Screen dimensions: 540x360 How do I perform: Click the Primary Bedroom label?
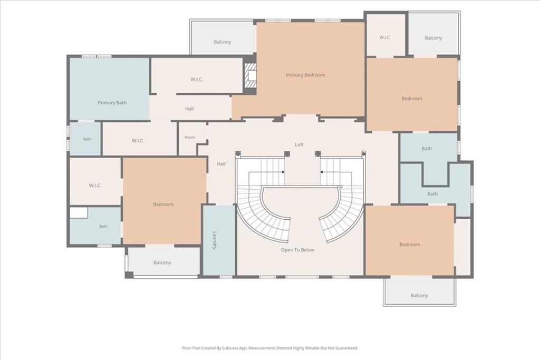coord(305,75)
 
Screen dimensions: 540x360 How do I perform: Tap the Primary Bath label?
coord(112,103)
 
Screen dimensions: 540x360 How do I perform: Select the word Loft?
coord(299,144)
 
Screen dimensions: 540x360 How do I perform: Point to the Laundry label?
coord(214,240)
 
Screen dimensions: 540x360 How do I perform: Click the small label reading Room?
coord(190,137)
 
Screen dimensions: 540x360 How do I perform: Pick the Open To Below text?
coord(297,250)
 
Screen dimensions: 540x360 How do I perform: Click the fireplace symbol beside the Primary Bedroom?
coord(250,75)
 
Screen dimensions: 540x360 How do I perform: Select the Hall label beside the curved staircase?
coord(221,164)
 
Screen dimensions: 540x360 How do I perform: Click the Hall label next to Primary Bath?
coord(189,109)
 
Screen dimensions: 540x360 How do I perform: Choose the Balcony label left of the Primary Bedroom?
coord(222,42)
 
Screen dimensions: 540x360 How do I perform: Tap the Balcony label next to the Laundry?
coord(162,262)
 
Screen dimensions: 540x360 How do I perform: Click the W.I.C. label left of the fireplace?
coord(197,80)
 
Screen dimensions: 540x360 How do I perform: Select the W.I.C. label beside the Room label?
coord(138,141)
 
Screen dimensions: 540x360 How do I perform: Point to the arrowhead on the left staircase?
coord(283,172)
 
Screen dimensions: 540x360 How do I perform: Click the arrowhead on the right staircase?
coord(321,172)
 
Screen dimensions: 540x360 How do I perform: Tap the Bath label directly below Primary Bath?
coord(87,139)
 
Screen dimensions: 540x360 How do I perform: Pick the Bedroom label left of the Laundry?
coord(163,205)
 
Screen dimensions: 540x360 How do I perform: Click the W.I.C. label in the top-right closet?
coord(385,37)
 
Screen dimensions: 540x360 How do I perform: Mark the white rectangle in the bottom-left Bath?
coord(79,212)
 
